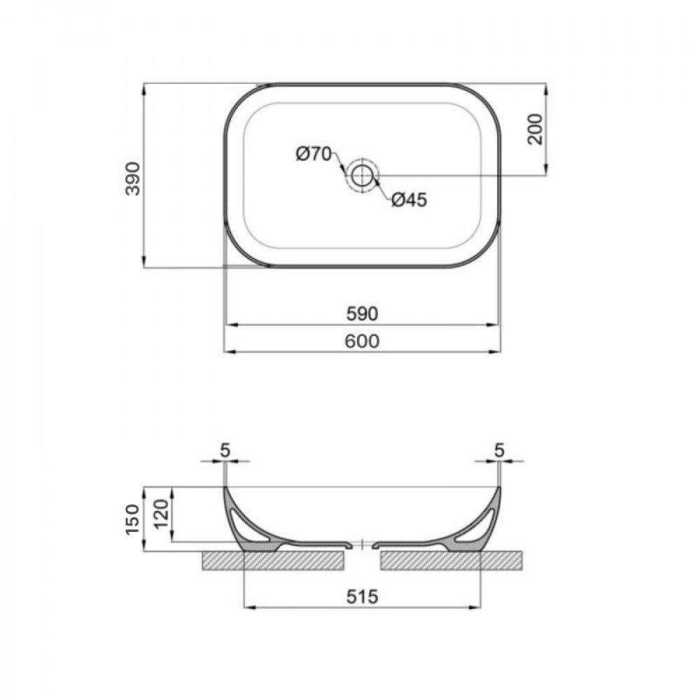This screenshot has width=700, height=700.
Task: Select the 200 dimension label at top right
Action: pos(535,129)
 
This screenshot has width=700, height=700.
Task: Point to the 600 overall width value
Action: pos(362,341)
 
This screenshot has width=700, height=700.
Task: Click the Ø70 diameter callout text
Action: pos(313,154)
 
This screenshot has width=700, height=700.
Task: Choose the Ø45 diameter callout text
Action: pos(409,200)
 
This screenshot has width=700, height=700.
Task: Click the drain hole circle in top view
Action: pos(362,175)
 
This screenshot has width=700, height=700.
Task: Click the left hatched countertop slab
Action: pos(273,561)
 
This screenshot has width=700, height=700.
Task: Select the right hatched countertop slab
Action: pos(451,561)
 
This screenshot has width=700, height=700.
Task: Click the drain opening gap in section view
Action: pos(361,545)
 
